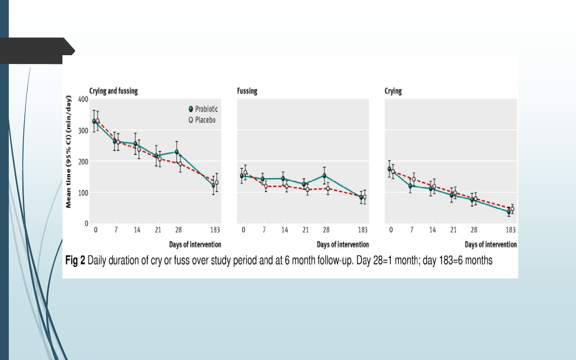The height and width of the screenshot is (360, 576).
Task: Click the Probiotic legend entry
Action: [203, 109]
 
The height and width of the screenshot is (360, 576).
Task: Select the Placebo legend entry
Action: [202, 120]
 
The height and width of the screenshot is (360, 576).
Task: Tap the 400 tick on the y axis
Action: [83, 99]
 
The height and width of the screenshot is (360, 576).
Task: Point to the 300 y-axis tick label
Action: [83, 131]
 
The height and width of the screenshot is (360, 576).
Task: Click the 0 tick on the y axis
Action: [86, 224]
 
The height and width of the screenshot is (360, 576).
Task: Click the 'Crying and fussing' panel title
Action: [113, 91]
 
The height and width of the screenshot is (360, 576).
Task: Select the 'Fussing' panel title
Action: [247, 91]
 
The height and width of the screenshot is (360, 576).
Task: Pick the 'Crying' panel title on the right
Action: [393, 91]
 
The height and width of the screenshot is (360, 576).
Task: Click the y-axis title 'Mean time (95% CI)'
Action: [68, 152]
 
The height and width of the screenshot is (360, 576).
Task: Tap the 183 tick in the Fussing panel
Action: [362, 230]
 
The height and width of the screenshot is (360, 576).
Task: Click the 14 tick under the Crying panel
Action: [432, 230]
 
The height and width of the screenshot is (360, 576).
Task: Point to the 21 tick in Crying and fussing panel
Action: [158, 230]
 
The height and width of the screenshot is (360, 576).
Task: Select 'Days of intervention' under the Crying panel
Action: [490, 244]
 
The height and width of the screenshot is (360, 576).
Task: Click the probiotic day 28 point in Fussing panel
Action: [324, 176]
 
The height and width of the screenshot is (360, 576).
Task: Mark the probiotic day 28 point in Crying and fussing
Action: [177, 152]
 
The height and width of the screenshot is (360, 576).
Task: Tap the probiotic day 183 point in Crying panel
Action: [509, 212]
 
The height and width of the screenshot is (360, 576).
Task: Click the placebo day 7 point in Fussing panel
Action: [266, 186]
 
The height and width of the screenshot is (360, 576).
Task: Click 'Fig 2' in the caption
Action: [75, 260]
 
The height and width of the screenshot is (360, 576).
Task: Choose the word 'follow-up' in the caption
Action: [335, 260]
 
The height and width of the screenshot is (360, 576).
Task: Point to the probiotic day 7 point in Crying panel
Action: [410, 186]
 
